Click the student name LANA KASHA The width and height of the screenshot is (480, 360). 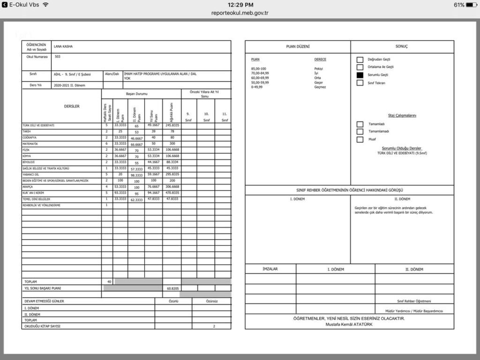63,46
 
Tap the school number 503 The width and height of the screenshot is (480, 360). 57,57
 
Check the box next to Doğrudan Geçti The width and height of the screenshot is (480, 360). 360,60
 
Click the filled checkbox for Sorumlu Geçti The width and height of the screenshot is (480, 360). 360,75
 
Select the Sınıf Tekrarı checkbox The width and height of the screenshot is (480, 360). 360,83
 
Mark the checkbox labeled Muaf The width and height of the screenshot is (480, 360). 360,139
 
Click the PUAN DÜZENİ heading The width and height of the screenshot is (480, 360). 298,46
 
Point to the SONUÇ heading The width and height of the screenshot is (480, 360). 402,46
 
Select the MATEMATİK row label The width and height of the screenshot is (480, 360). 30,144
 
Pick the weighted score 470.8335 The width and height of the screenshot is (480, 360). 172,193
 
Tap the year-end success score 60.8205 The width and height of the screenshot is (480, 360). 172,288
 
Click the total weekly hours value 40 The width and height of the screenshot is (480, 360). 109,282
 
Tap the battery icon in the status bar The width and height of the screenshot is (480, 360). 471,5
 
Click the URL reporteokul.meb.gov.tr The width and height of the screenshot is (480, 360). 240,13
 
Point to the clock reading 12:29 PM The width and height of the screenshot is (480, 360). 240,4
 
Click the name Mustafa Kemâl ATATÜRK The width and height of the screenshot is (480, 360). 349,324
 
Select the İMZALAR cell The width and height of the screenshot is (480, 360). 270,269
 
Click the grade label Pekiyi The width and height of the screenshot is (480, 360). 319,69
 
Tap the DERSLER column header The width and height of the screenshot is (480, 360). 72,106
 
